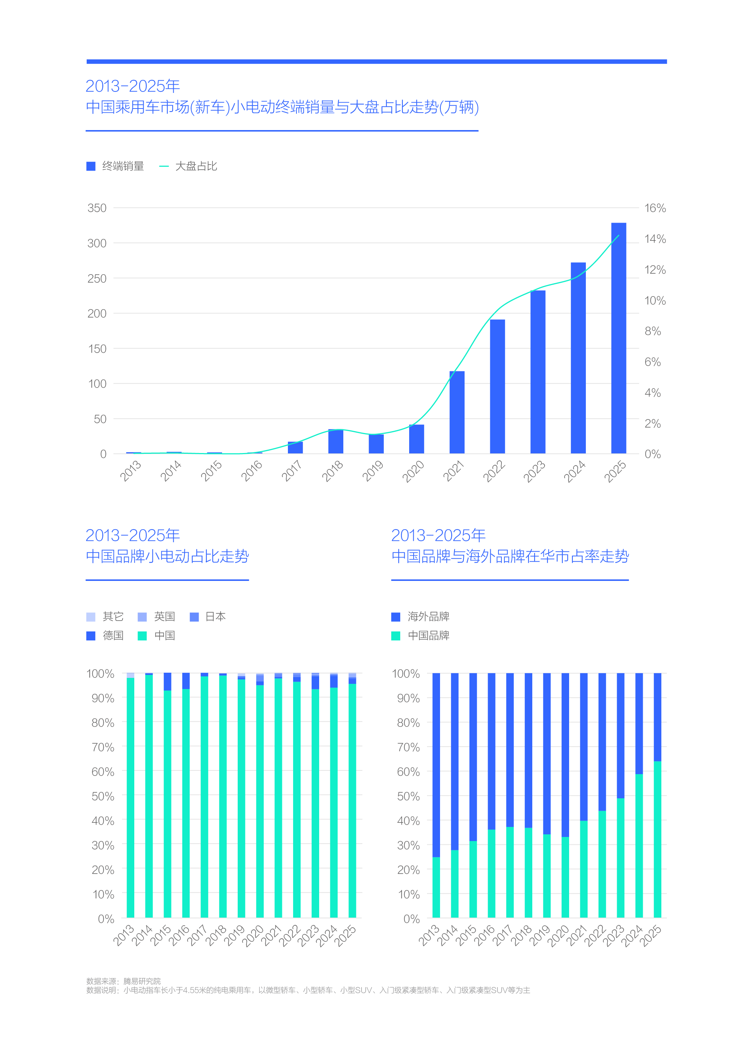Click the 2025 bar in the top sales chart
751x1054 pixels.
coord(618,337)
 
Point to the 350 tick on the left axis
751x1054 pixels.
coord(97,208)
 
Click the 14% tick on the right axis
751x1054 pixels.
coord(655,239)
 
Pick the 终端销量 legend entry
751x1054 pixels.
coord(115,166)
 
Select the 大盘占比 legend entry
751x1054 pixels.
coord(188,166)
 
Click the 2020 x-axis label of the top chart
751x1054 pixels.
coord(413,471)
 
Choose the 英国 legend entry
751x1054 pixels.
coord(156,617)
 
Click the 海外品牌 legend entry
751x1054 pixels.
coord(420,617)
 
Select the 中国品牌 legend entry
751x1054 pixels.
coord(420,636)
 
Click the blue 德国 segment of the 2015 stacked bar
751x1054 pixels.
coord(167,682)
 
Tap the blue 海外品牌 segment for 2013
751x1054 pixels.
coord(436,765)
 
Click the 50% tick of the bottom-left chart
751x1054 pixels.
coord(103,796)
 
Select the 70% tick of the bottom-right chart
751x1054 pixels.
coord(408,747)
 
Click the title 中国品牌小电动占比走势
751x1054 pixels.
coord(167,556)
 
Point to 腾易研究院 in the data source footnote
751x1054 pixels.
coord(142,980)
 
